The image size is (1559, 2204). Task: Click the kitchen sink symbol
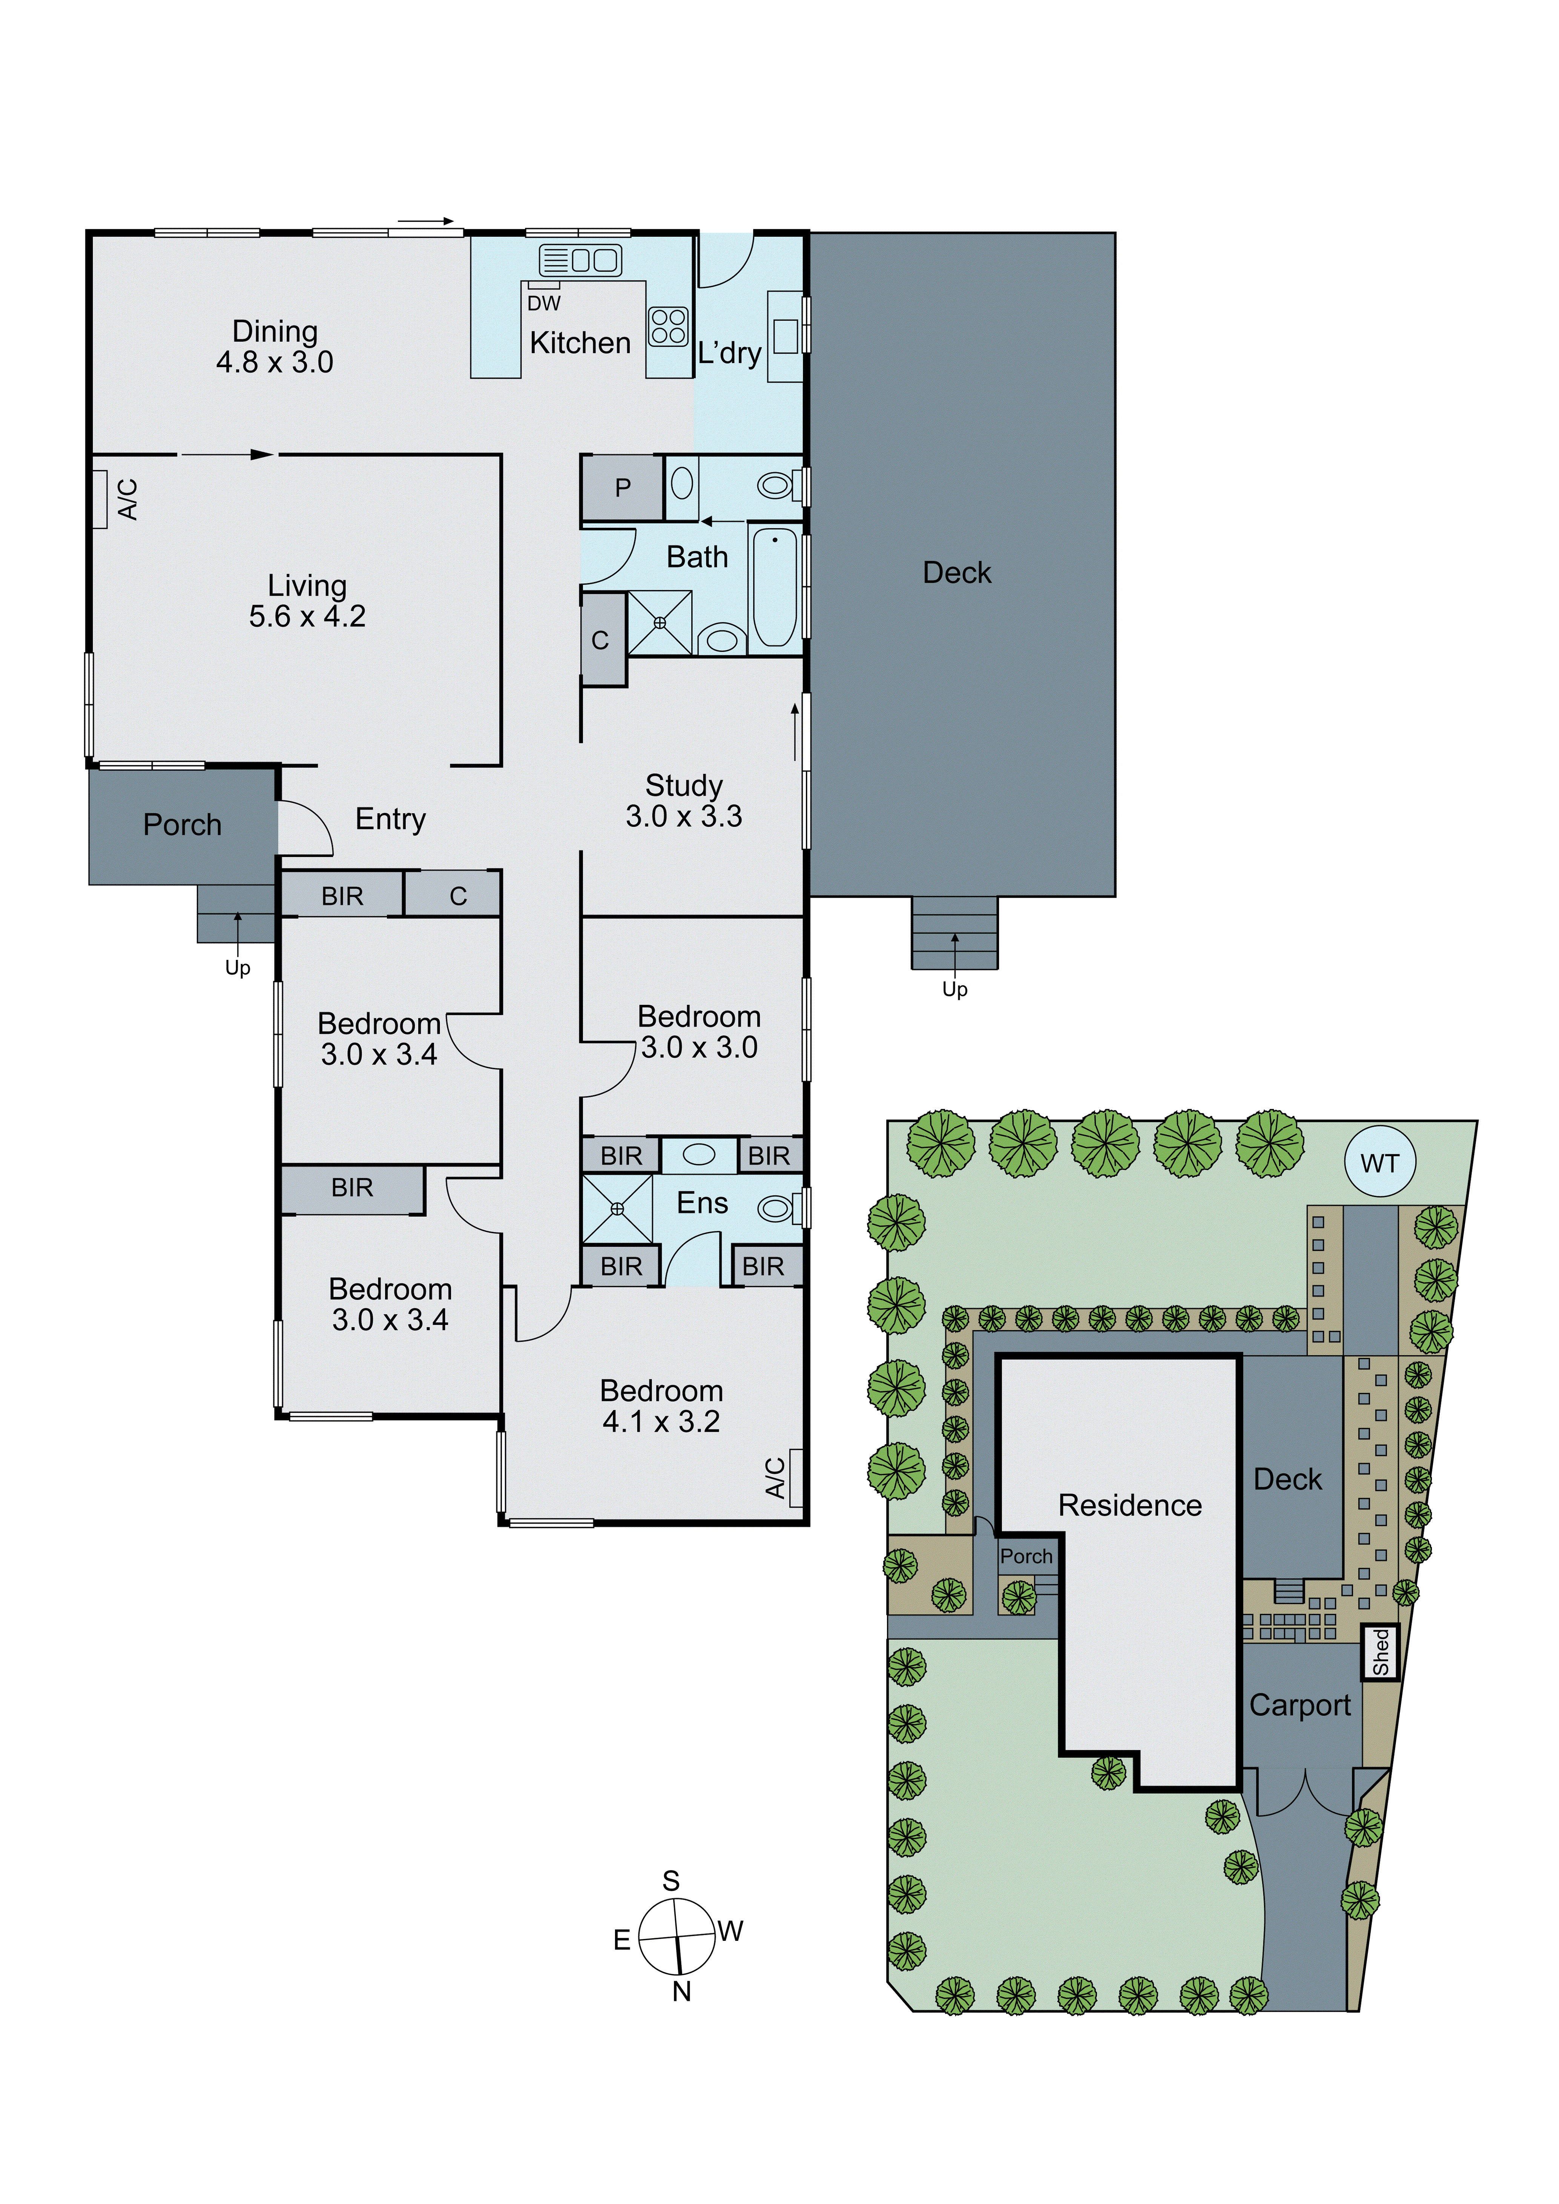click(581, 260)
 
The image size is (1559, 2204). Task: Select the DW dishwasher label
click(543, 303)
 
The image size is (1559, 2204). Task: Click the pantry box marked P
click(622, 487)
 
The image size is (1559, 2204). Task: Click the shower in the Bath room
click(660, 623)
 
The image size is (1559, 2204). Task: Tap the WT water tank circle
click(1379, 1162)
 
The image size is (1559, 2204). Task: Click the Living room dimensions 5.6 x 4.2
click(307, 616)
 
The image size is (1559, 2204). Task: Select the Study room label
click(683, 785)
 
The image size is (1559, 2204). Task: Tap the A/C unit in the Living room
click(100, 499)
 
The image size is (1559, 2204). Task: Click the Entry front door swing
click(305, 828)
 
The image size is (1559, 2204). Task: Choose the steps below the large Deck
click(954, 933)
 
